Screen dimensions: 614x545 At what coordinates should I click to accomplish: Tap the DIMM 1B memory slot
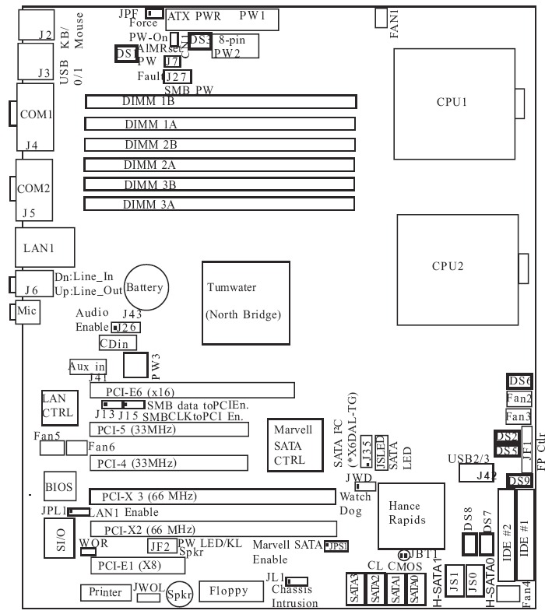(221, 101)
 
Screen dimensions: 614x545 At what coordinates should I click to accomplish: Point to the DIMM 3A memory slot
(221, 205)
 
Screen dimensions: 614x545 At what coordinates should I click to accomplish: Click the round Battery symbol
(145, 288)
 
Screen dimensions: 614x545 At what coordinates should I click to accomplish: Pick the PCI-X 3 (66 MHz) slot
(210, 496)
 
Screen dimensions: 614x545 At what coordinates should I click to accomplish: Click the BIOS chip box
(59, 488)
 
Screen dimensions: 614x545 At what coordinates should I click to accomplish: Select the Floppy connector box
(226, 591)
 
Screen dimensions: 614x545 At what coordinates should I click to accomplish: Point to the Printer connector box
(104, 593)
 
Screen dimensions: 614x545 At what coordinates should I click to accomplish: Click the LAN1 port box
(45, 247)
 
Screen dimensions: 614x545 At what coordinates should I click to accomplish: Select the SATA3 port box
(353, 592)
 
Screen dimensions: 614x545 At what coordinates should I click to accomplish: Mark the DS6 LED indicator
(519, 381)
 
